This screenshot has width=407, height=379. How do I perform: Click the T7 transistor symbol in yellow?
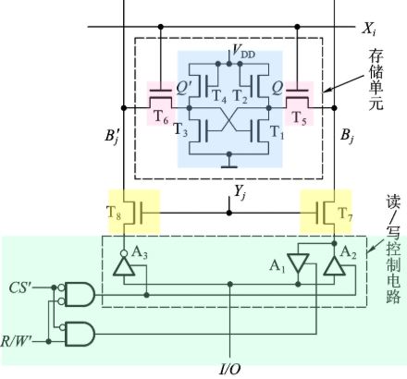pyautogui.click(x=325, y=211)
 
